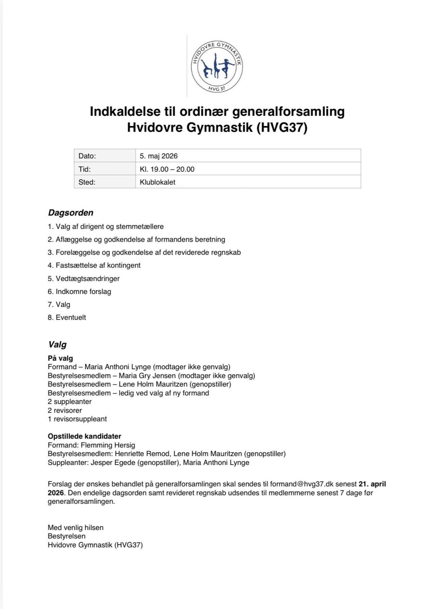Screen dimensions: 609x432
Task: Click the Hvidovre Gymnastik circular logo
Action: [x=217, y=66]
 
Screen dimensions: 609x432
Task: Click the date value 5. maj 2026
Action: [x=159, y=156]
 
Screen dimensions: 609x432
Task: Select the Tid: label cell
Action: [x=85, y=169]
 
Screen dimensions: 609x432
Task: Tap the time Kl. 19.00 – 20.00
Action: [x=167, y=169]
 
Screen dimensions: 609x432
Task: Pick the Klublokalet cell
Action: [x=157, y=182]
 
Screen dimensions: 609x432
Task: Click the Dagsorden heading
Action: [x=71, y=213]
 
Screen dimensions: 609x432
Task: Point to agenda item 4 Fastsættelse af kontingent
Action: [x=94, y=265]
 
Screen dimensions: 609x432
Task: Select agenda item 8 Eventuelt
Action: [x=67, y=317]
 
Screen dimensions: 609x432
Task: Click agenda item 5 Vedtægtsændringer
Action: [x=84, y=278]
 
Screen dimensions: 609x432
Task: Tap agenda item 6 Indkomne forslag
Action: [x=80, y=291]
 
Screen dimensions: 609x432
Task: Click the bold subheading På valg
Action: [x=60, y=358]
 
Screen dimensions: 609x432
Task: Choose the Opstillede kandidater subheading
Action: [x=84, y=436]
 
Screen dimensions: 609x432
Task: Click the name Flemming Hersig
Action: [x=108, y=445]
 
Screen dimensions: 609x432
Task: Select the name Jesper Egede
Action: [x=113, y=462]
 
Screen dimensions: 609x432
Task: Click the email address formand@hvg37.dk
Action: [x=302, y=484]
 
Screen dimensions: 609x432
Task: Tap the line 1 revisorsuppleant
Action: [x=77, y=419]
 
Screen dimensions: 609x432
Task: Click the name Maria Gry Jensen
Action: [x=147, y=376]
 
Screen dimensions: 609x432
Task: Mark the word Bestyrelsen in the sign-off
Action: [x=67, y=536]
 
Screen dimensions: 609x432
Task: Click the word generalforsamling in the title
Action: [x=289, y=111]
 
